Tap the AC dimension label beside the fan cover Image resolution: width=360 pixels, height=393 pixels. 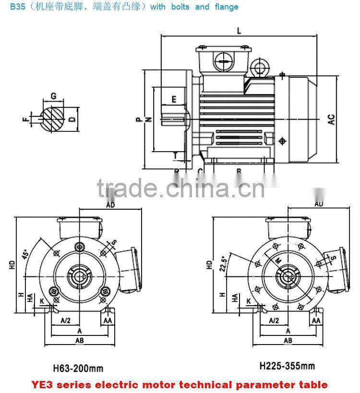point(331,119)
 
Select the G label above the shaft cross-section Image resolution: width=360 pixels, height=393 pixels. point(53,96)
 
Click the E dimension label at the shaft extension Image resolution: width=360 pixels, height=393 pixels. point(174,99)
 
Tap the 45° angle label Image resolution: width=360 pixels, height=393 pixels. point(24,253)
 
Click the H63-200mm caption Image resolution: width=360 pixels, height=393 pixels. point(78,369)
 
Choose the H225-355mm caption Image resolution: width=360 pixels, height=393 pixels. point(287,366)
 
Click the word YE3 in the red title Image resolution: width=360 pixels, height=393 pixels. point(44,384)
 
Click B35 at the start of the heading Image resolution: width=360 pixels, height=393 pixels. point(10,7)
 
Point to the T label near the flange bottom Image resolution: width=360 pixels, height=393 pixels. point(175,155)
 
